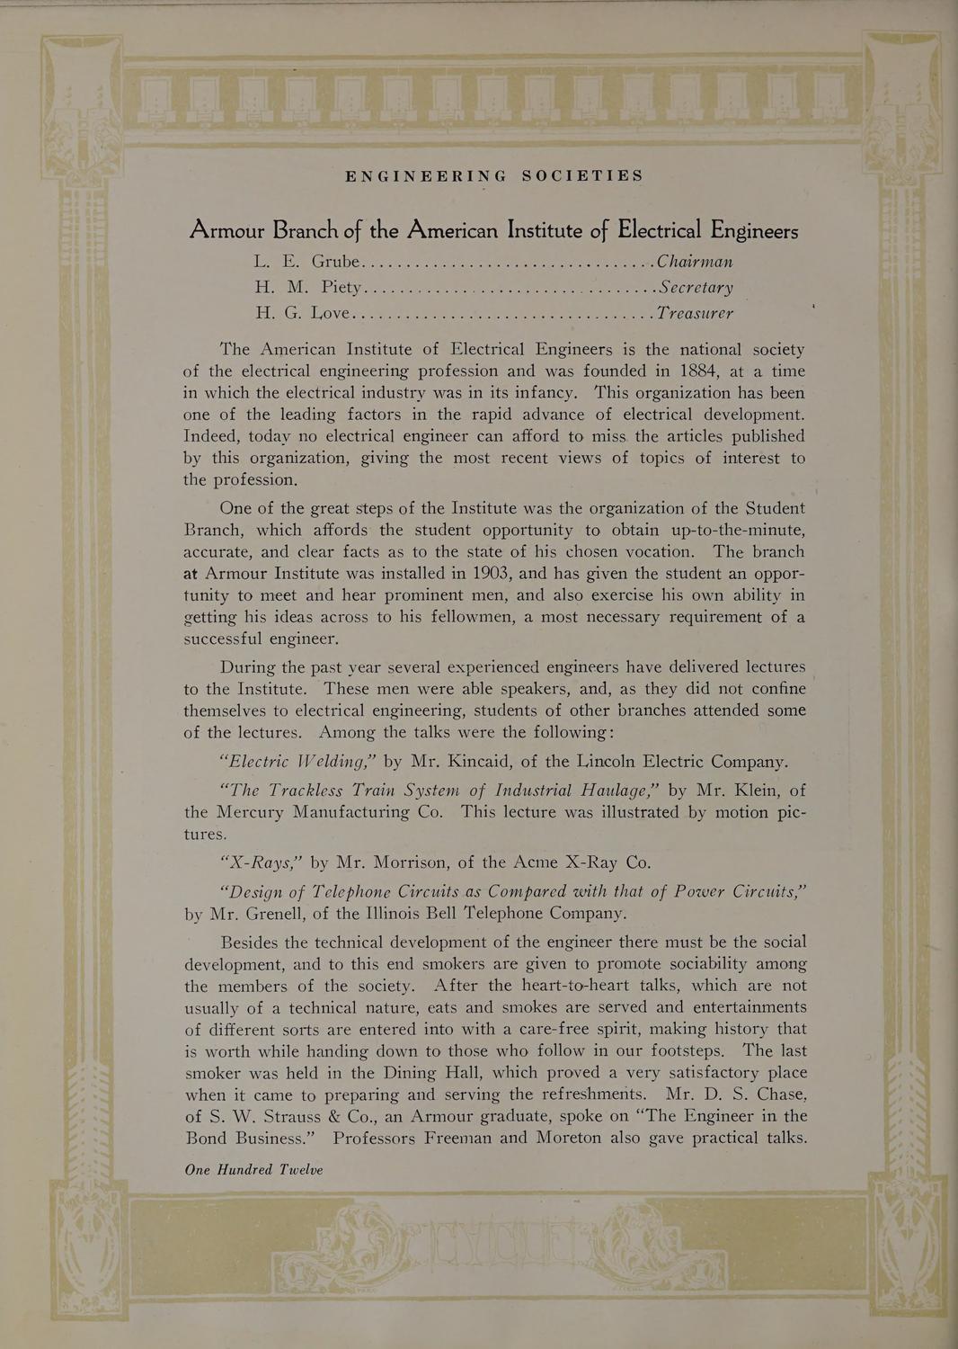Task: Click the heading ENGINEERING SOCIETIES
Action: pos(494,176)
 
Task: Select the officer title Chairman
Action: pos(695,263)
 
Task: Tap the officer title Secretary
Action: pos(696,288)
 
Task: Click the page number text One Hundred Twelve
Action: pos(253,1170)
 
